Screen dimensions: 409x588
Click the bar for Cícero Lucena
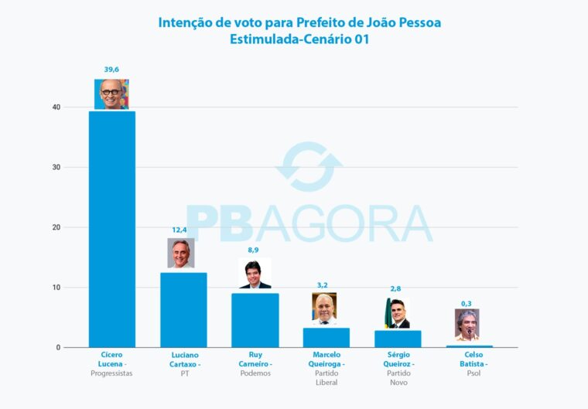click(112, 229)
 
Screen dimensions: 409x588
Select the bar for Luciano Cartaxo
click(183, 309)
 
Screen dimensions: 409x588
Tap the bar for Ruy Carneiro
click(255, 320)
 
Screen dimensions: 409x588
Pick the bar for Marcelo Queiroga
click(326, 337)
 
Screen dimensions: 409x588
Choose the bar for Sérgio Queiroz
click(398, 339)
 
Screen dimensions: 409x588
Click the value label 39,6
click(112, 70)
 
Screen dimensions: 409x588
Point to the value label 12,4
click(180, 230)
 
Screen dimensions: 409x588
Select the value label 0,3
click(467, 303)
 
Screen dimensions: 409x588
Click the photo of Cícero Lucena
click(112, 94)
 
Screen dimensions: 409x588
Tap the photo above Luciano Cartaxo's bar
click(181, 253)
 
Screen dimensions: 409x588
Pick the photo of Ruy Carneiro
click(255, 274)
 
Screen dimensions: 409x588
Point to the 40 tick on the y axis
click(56, 107)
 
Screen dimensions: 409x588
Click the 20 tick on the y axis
click(56, 227)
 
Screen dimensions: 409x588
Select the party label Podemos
click(255, 373)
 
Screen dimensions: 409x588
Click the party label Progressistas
click(112, 373)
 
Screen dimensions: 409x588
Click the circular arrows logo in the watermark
click(309, 167)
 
